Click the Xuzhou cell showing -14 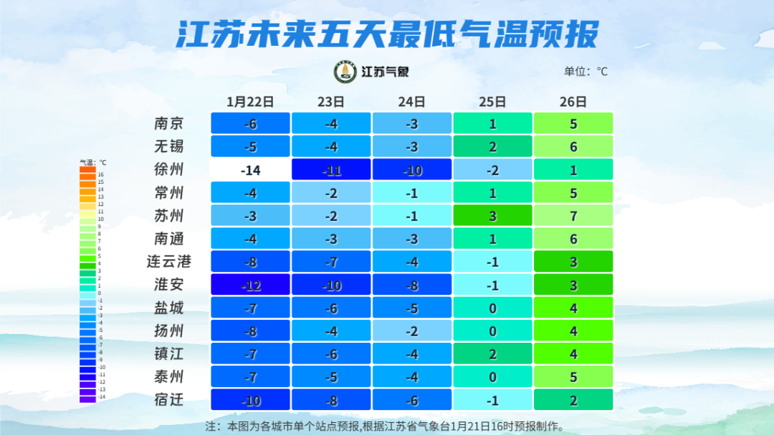pyautogui.click(x=250, y=170)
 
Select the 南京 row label pyautogui.click(x=169, y=123)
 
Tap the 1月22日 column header pyautogui.click(x=250, y=102)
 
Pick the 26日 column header pyautogui.click(x=573, y=102)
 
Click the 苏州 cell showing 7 pyautogui.click(x=573, y=215)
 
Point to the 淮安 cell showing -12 pyautogui.click(x=250, y=285)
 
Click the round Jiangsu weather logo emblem pyautogui.click(x=346, y=72)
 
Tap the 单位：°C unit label pyautogui.click(x=586, y=72)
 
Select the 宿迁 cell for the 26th pyautogui.click(x=573, y=399)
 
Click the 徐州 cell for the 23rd pyautogui.click(x=331, y=170)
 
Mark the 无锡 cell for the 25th pyautogui.click(x=492, y=146)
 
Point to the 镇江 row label pyautogui.click(x=169, y=353)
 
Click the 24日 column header pyautogui.click(x=412, y=102)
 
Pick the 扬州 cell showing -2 pyautogui.click(x=412, y=331)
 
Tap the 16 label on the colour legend pyautogui.click(x=101, y=174)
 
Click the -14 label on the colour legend pyautogui.click(x=101, y=396)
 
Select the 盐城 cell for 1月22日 pyautogui.click(x=250, y=308)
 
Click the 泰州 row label pyautogui.click(x=169, y=376)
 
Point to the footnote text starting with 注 pyautogui.click(x=385, y=426)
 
